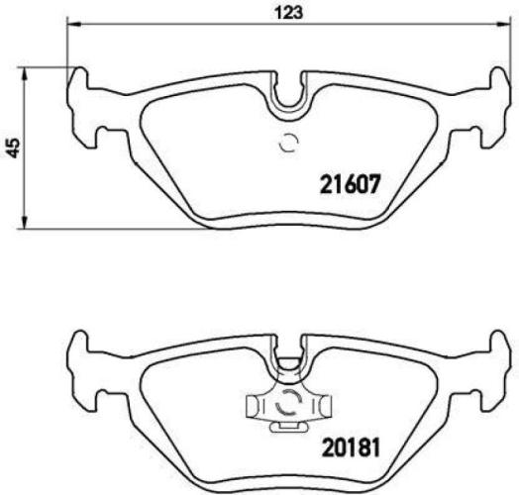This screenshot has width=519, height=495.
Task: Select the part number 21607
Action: point(350,184)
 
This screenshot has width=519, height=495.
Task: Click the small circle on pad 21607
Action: point(289,144)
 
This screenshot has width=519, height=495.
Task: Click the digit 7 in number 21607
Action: point(374,184)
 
